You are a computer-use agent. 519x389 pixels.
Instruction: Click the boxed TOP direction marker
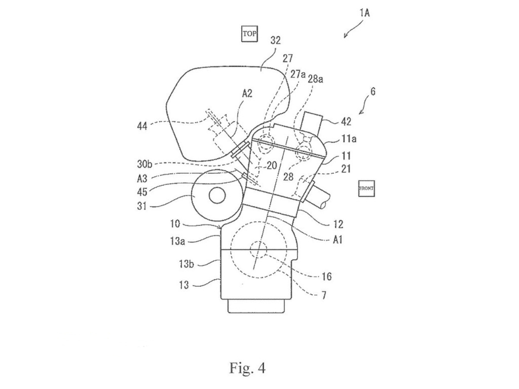pos(250,34)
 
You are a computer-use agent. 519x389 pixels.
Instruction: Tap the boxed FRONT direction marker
pos(366,188)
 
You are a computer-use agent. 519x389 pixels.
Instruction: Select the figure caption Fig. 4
pos(247,368)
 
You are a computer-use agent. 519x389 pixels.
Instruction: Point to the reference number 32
pos(276,40)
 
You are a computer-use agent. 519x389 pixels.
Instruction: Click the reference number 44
pos(142,126)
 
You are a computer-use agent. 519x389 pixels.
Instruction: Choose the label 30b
pos(144,164)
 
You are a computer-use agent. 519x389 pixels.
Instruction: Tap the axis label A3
pos(142,179)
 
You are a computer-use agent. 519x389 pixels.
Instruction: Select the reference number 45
pos(142,192)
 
